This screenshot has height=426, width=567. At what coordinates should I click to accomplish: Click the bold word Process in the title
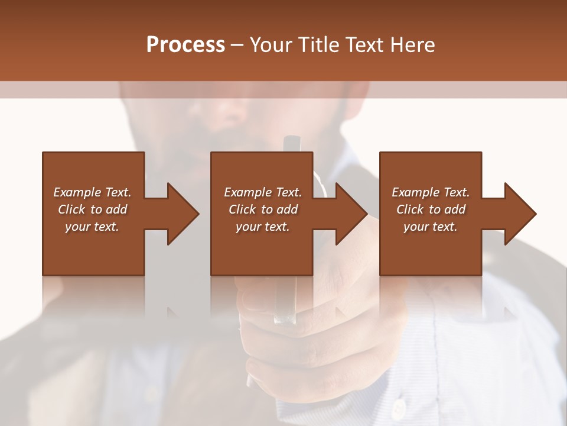click(185, 45)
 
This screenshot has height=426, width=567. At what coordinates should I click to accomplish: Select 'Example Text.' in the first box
click(92, 192)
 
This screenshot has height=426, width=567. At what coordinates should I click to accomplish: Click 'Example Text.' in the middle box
click(262, 192)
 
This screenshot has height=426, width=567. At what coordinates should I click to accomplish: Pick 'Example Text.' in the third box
click(431, 192)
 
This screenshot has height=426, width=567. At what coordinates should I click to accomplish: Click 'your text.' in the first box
click(92, 227)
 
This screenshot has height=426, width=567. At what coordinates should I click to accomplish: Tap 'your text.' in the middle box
click(262, 227)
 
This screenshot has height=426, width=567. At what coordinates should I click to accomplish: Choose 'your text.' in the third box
click(431, 227)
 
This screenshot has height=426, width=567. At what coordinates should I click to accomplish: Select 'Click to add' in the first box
click(92, 209)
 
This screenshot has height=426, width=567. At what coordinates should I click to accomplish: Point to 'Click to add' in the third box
click(431, 209)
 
